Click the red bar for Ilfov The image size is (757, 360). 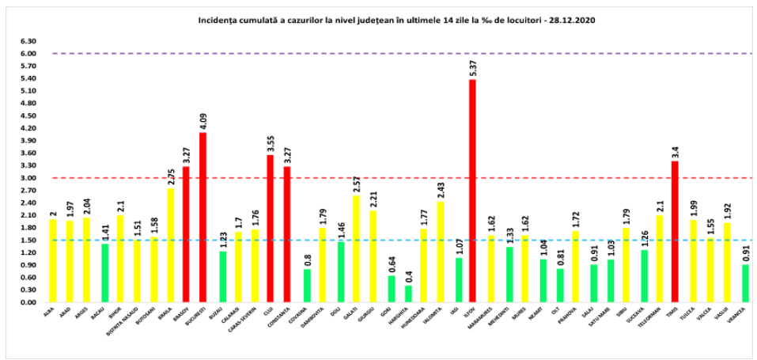pos(472,190)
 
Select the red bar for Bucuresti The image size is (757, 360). pos(202,217)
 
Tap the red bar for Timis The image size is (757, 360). pos(675,231)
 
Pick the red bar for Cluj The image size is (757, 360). pos(271,228)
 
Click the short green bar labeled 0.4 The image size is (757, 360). pos(408,294)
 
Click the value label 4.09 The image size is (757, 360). pos(202,121)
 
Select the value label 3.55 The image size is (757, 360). pos(271,143)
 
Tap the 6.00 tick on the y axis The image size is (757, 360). pos(28,54)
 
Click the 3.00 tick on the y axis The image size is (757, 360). pos(28,178)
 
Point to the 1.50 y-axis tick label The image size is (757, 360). pos(28,240)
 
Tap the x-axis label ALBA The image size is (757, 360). pos(51,312)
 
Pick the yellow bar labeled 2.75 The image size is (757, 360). pos(168,245)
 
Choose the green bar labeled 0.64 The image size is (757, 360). pos(391,289)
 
